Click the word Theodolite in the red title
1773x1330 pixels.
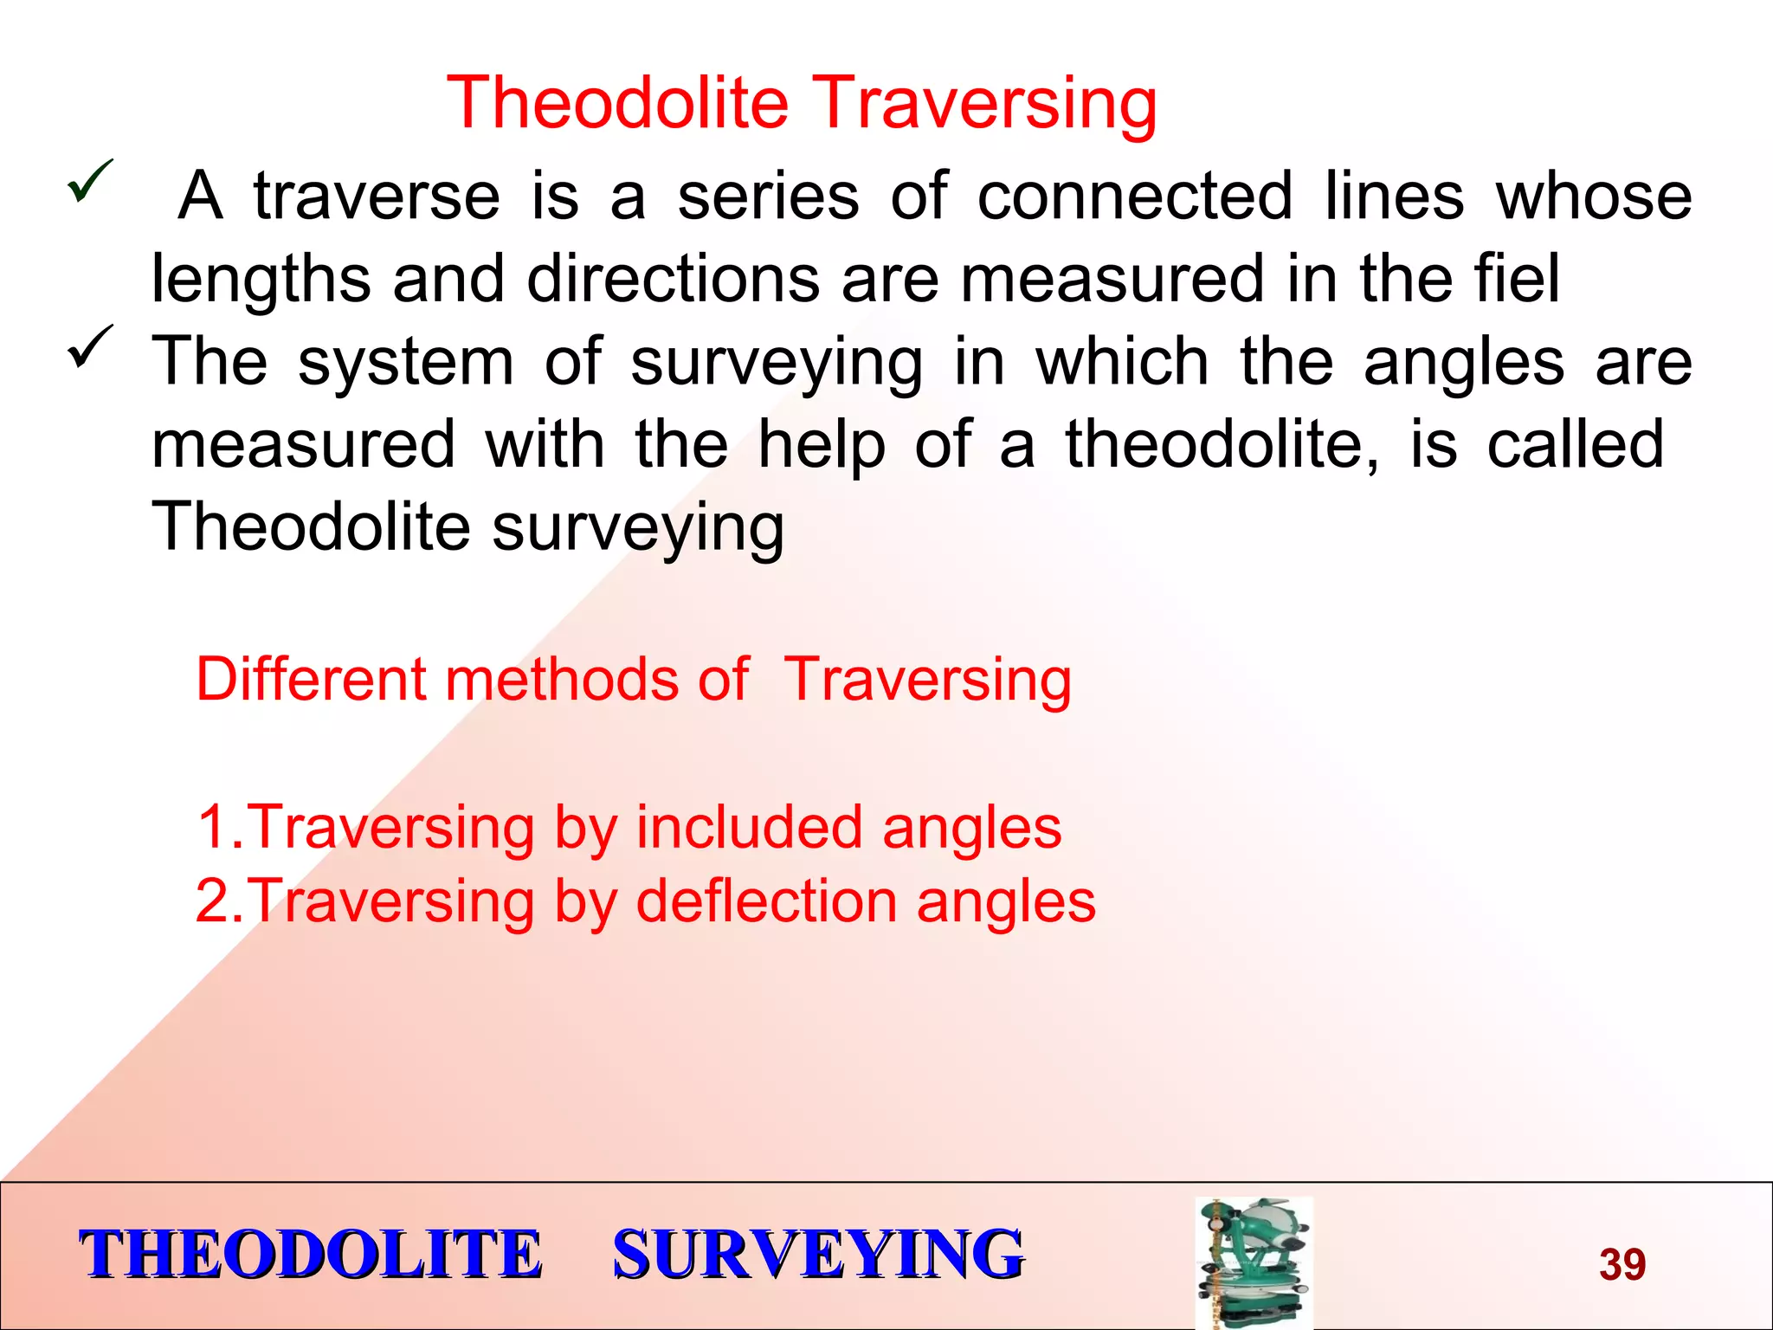617,103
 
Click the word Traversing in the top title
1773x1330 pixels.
985,103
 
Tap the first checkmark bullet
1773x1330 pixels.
89,181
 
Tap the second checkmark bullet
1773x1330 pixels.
89,346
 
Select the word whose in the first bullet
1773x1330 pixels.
1594,196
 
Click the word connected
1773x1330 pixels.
1135,196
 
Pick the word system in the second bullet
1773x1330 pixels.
405,362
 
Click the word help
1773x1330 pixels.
821,444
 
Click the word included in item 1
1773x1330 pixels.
749,827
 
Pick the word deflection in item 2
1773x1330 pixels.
766,901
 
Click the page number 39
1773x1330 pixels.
1621,1264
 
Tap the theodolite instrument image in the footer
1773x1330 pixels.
1254,1262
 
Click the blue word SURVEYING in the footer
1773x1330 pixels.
817,1255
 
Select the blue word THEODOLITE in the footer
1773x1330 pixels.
310,1255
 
